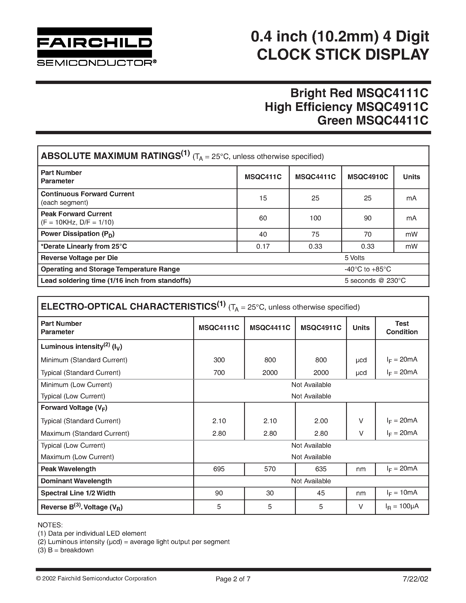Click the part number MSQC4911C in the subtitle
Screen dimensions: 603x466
(392, 107)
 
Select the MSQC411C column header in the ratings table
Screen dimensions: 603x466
(263, 177)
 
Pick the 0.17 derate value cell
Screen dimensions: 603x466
(263, 246)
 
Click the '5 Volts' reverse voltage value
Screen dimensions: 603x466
(354, 258)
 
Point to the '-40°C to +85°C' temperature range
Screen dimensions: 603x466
(368, 269)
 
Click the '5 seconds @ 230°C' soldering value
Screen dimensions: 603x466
(375, 281)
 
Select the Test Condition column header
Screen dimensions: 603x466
(402, 328)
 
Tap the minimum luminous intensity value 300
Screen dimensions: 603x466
(219, 360)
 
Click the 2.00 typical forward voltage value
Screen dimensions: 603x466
(321, 421)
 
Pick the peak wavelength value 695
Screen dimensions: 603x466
(219, 469)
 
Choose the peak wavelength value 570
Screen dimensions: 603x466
(270, 469)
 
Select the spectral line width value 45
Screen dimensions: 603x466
(321, 493)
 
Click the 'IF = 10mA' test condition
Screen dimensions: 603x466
(402, 493)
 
